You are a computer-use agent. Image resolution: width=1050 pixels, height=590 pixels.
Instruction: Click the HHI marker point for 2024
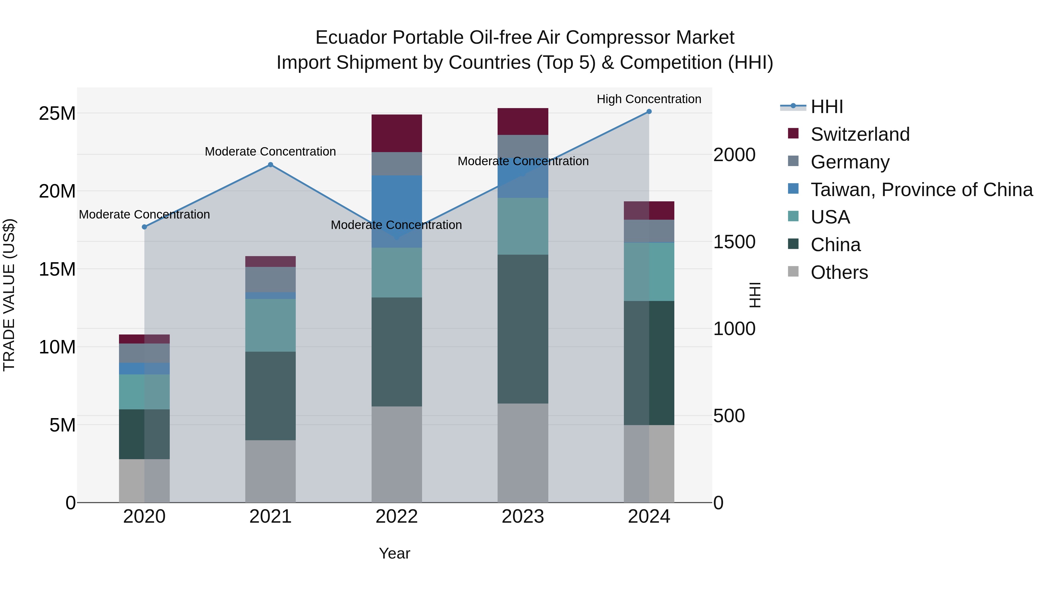point(649,112)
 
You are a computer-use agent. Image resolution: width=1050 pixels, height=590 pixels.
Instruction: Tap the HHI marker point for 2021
point(270,165)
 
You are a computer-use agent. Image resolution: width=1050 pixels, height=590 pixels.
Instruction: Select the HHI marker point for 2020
point(144,227)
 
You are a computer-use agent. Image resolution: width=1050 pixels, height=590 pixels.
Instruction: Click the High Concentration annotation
point(649,99)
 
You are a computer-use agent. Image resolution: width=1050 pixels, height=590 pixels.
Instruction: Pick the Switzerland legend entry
point(860,134)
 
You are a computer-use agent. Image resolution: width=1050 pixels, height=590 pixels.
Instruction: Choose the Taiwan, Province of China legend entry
point(921,190)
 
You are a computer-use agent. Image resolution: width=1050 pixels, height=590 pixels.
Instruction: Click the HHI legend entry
point(826,107)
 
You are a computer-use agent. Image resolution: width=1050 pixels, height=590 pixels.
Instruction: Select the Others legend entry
point(839,272)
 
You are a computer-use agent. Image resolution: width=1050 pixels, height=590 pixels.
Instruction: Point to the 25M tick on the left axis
point(57,114)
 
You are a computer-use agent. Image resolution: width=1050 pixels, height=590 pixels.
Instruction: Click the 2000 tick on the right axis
point(734,155)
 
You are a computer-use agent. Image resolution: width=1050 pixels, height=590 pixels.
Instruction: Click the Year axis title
point(394,553)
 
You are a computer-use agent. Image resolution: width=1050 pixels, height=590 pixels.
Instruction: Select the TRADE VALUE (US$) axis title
point(9,295)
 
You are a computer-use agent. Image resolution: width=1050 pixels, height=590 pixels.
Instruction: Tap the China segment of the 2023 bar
point(523,329)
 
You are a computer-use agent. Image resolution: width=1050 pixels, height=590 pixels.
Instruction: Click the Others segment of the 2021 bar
point(270,471)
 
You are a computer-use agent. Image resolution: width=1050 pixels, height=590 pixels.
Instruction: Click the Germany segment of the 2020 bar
point(144,353)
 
